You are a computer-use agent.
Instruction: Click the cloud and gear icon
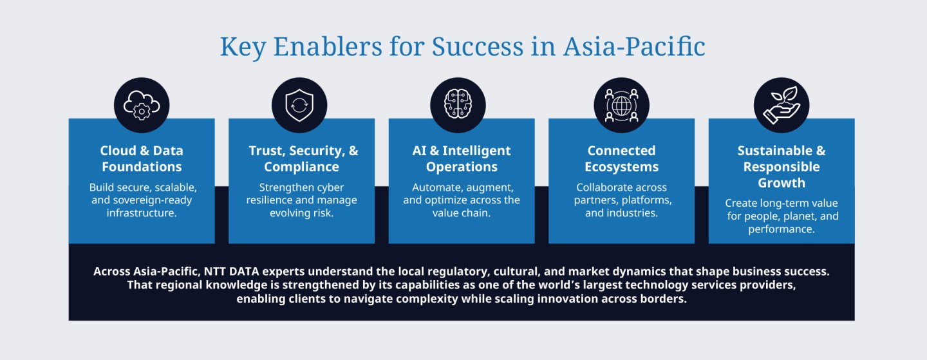(142, 105)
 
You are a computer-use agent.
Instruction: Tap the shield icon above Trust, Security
(299, 105)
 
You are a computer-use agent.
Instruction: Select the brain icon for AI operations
(458, 105)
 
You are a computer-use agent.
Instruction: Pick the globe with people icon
(621, 105)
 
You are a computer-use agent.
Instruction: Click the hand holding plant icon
(782, 105)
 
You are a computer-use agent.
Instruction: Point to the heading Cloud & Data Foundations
(142, 158)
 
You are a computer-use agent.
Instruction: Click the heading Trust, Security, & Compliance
(302, 158)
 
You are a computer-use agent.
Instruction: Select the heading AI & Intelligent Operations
(462, 158)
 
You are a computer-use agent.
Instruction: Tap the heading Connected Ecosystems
(621, 158)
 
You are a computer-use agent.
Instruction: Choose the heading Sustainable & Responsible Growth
(782, 166)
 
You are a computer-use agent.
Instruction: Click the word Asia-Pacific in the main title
(634, 46)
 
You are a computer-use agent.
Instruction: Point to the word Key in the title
(243, 47)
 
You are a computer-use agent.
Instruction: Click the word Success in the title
(478, 46)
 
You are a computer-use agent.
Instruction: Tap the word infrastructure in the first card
(142, 213)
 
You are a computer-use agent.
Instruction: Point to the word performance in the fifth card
(782, 229)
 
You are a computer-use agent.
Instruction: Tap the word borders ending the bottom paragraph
(663, 299)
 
